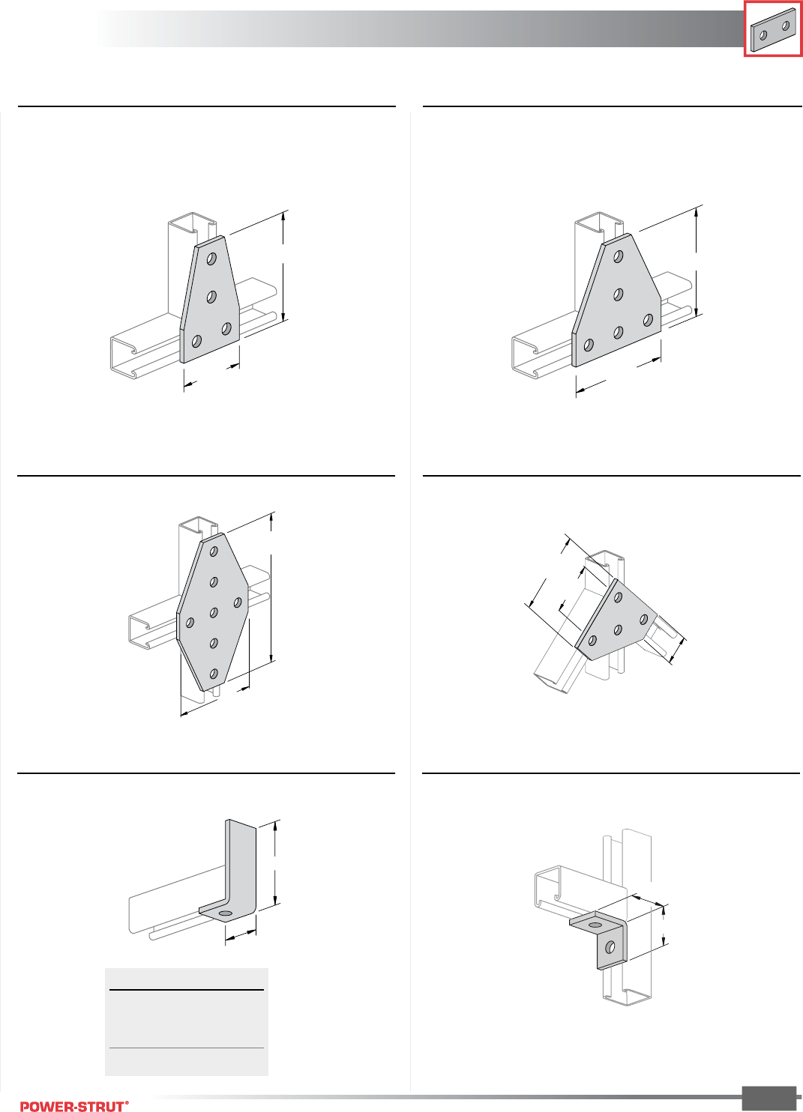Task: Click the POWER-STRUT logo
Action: tap(74, 1105)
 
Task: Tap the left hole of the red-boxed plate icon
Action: tap(763, 35)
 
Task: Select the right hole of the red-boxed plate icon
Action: tap(786, 25)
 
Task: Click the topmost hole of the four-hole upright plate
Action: tap(212, 259)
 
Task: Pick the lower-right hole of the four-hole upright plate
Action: tap(226, 328)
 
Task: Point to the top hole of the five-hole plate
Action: tap(619, 256)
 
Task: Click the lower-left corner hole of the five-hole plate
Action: tap(589, 345)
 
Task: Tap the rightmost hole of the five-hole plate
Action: tap(648, 321)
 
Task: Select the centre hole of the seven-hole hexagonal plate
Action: tap(214, 613)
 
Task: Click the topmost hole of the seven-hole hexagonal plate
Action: tap(214, 552)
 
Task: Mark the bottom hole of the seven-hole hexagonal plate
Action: tap(214, 674)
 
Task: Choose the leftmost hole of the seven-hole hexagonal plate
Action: tap(190, 622)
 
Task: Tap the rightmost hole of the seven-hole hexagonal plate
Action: tap(238, 602)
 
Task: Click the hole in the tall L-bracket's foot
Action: tap(224, 913)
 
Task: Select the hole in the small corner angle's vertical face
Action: tap(610, 947)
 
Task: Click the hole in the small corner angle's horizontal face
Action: tap(595, 925)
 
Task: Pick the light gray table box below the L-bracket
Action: tap(187, 1022)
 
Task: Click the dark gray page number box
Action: tap(769, 1098)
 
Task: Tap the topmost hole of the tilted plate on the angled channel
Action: tap(619, 597)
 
